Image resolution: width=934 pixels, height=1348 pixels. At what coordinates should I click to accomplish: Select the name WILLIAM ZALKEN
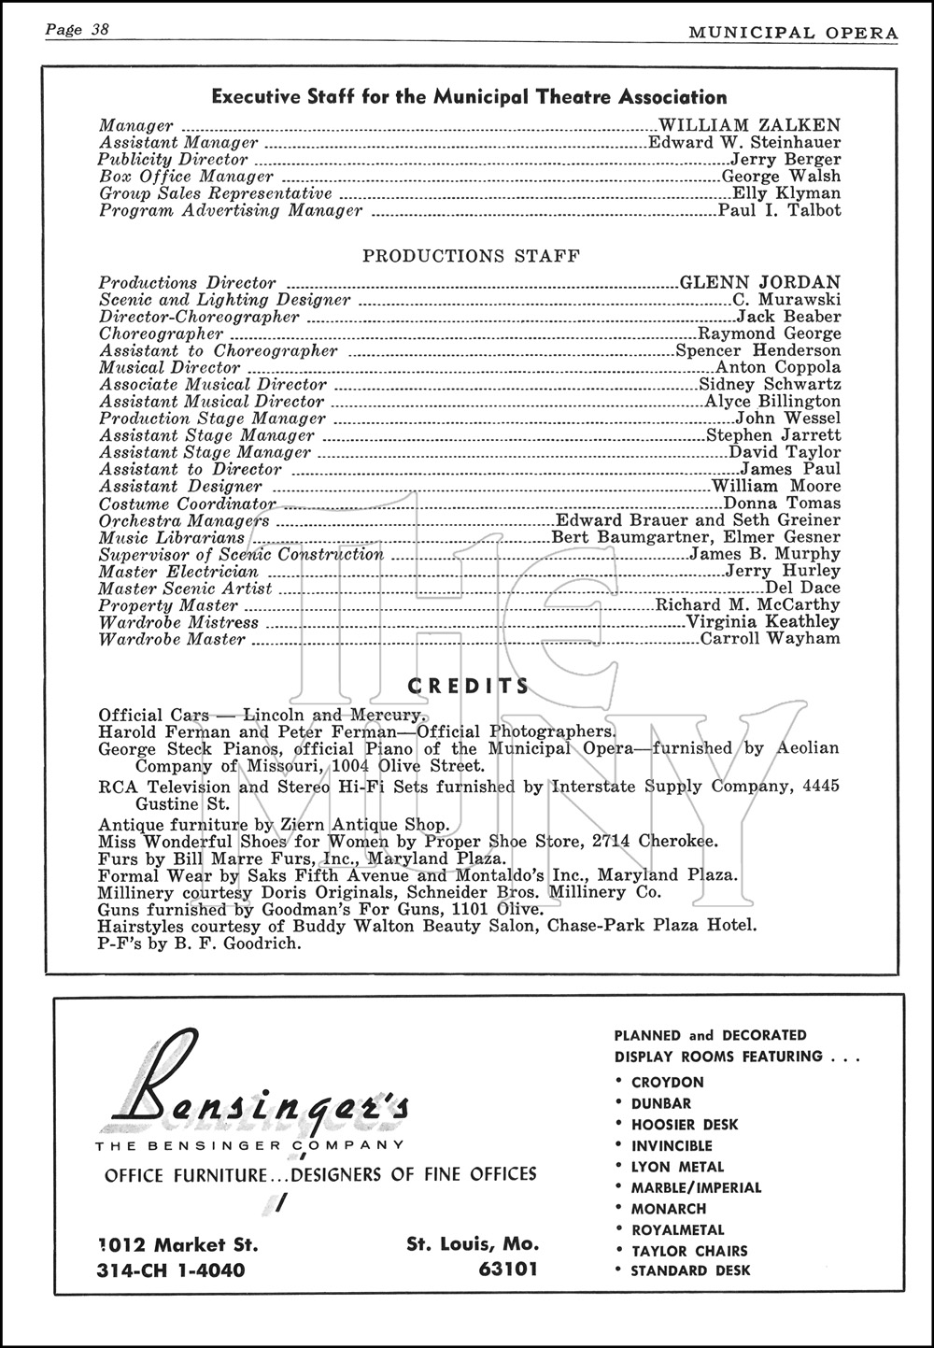(749, 125)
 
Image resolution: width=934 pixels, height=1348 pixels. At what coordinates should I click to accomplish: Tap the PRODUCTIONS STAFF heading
(471, 256)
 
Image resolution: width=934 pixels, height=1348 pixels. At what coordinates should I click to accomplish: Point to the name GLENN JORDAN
(759, 282)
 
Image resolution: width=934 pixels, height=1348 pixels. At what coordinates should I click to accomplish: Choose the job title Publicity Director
(174, 160)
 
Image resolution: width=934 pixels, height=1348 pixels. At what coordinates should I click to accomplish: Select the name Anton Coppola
(778, 367)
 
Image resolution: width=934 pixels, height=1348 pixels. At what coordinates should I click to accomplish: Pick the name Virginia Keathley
(763, 622)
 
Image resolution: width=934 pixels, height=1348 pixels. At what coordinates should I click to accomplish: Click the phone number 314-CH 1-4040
(171, 1270)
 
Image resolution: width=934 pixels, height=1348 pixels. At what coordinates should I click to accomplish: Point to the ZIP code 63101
(507, 1270)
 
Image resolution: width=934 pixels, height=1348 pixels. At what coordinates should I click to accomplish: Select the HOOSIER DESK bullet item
(684, 1125)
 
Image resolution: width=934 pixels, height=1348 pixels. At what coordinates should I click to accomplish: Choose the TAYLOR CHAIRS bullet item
(688, 1251)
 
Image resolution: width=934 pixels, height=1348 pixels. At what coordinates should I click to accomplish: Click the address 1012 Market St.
(177, 1245)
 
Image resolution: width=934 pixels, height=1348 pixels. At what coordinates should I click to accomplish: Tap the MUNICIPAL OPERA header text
(793, 33)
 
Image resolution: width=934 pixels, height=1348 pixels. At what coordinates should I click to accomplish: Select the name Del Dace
(802, 589)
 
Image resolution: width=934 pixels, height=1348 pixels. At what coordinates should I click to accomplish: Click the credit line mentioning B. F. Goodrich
(200, 944)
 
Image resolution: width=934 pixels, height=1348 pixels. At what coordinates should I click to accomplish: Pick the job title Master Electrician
(178, 572)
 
